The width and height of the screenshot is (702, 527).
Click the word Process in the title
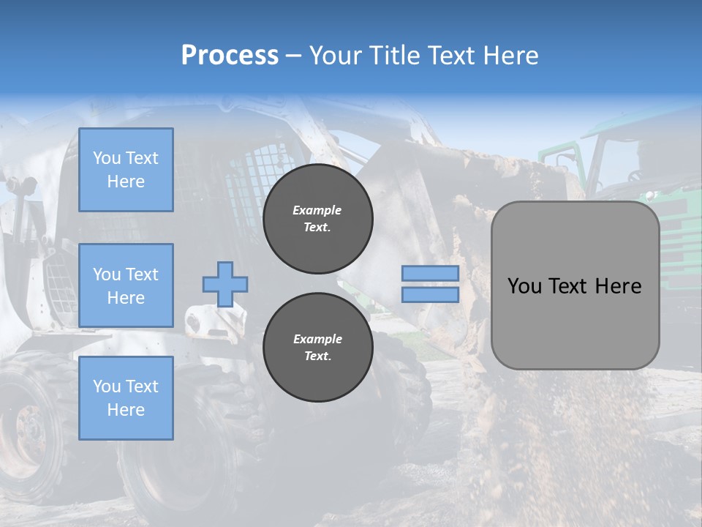[x=230, y=56]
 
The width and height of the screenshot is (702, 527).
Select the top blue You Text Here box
[x=126, y=170]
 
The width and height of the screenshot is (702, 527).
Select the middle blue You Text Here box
[x=126, y=285]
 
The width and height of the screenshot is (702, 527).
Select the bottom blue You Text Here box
[x=126, y=398]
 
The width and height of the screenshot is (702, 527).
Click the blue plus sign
[x=225, y=284]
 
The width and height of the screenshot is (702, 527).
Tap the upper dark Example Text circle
[x=317, y=219]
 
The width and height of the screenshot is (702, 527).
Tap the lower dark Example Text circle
[x=317, y=348]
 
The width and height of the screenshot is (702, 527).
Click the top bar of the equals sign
[x=430, y=274]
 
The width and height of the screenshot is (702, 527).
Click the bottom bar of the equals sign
[x=430, y=295]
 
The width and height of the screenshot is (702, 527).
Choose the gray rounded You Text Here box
[x=575, y=285]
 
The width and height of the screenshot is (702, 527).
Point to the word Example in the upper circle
[x=317, y=210]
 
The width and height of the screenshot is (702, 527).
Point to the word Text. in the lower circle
[x=317, y=356]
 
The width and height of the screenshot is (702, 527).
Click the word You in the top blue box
[x=105, y=158]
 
